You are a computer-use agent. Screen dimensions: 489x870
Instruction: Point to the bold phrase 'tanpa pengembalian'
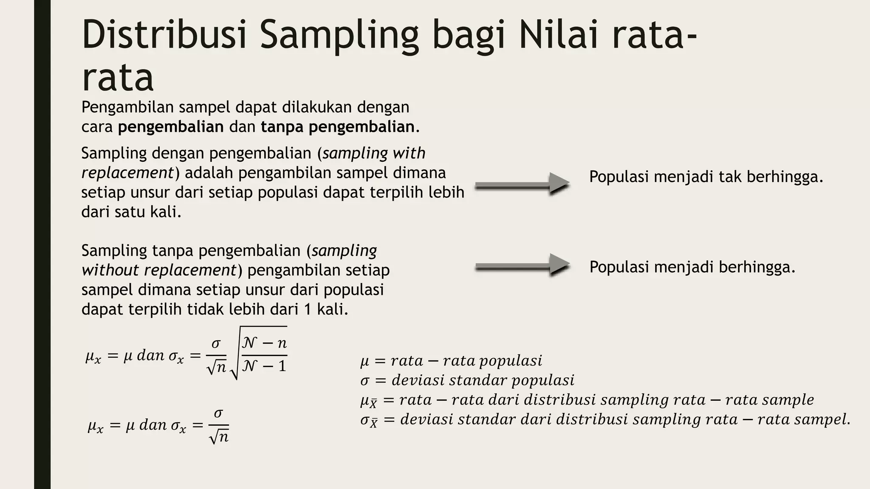tap(338, 127)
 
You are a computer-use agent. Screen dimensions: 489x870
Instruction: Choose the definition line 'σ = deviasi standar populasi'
tap(467, 380)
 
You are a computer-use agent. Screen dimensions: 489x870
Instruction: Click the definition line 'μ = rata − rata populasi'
tap(451, 361)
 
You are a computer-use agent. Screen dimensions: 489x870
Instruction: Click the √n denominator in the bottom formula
tap(219, 437)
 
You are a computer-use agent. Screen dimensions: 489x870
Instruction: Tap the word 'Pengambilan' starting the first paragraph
tap(127, 107)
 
